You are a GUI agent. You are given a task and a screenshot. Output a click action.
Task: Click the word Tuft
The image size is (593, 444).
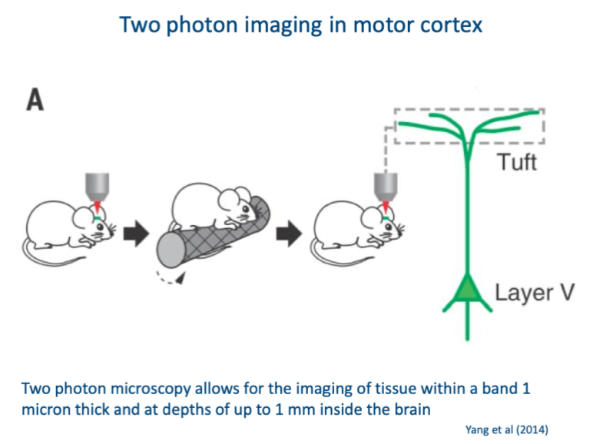516,162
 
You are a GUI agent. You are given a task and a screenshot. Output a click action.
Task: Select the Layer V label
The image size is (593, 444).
533,293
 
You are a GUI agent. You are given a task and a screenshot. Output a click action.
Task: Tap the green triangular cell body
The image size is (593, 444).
466,290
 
